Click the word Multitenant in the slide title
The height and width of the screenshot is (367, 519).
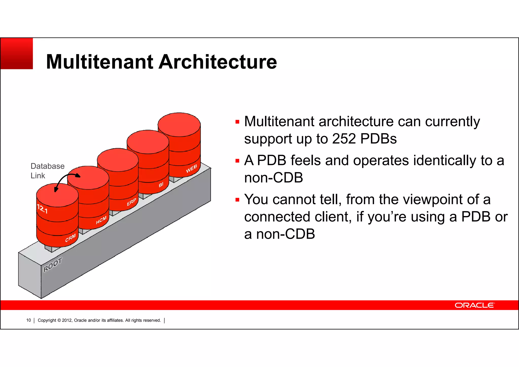pyautogui.click(x=100, y=62)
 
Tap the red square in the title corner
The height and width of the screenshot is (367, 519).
pyautogui.click(x=17, y=54)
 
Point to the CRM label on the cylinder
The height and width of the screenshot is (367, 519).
pyautogui.click(x=70, y=238)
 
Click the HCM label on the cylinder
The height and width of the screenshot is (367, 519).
pyautogui.click(x=101, y=220)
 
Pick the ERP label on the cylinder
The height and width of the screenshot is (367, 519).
pyautogui.click(x=132, y=202)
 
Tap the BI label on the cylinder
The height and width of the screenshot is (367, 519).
pyautogui.click(x=161, y=185)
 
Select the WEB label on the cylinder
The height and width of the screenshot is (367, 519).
pyautogui.click(x=191, y=169)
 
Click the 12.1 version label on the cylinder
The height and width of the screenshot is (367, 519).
pyautogui.click(x=42, y=209)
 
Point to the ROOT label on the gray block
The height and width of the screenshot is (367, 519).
pyautogui.click(x=52, y=265)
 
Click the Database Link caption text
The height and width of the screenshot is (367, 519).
pyautogui.click(x=47, y=171)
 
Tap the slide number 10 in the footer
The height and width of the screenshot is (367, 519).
pyautogui.click(x=28, y=320)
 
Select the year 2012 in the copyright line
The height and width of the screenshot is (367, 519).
pyautogui.click(x=67, y=320)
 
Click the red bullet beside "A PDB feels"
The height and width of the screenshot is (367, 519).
pyautogui.click(x=237, y=161)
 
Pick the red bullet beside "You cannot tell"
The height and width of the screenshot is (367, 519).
pyautogui.click(x=237, y=200)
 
